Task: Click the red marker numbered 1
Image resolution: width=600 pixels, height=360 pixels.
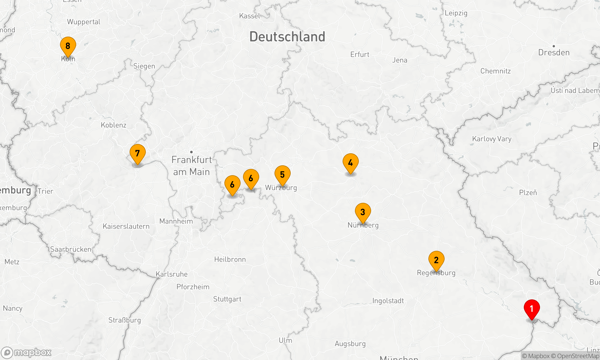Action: click(x=532, y=309)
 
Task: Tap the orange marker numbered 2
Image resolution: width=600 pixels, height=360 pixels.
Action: click(x=436, y=260)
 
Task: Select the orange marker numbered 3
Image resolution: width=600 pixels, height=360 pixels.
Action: click(x=363, y=212)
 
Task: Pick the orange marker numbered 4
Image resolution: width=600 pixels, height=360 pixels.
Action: click(x=350, y=163)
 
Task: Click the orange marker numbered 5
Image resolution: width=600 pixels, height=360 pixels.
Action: click(x=282, y=175)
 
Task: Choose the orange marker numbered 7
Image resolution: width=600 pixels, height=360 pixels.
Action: click(x=137, y=154)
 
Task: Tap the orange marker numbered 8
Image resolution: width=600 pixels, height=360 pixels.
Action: click(x=68, y=46)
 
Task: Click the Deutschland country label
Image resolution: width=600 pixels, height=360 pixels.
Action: click(x=287, y=37)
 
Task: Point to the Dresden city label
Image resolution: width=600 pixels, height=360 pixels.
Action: click(x=553, y=52)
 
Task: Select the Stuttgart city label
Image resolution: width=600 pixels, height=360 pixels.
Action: click(x=227, y=299)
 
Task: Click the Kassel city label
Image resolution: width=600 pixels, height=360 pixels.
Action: click(x=250, y=16)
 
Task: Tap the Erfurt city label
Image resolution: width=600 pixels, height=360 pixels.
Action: click(x=360, y=55)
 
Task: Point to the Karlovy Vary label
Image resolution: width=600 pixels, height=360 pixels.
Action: click(x=491, y=139)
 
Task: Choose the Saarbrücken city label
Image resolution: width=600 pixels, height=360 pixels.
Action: click(x=70, y=249)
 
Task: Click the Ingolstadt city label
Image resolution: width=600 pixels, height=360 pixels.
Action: click(x=388, y=301)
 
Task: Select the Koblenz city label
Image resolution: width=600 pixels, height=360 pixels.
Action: click(x=113, y=125)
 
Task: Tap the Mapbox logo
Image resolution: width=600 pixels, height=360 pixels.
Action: click(x=26, y=352)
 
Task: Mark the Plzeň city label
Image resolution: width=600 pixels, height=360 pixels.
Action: click(x=528, y=193)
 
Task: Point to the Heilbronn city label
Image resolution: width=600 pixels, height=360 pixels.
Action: click(x=230, y=259)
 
